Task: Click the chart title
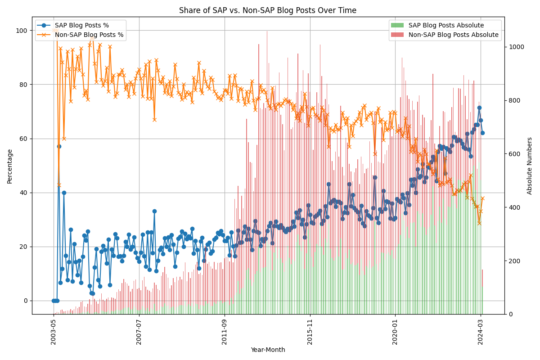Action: [x=268, y=10]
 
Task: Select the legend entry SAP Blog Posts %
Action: [x=81, y=25]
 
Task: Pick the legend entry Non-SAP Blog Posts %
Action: [x=89, y=35]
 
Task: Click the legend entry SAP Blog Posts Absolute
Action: [x=446, y=25]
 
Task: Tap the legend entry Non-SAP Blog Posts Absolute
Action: [x=453, y=35]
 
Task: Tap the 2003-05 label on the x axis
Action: [x=54, y=332]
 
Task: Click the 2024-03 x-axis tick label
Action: [x=481, y=332]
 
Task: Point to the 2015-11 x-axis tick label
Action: [x=310, y=332]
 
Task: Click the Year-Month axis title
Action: [x=268, y=350]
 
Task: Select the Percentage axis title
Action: [x=10, y=166]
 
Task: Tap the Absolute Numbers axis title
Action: [x=530, y=166]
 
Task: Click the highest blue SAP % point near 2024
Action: [x=479, y=108]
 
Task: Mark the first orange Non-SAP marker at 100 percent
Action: [x=54, y=31]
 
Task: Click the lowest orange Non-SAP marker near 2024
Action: [x=479, y=223]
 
